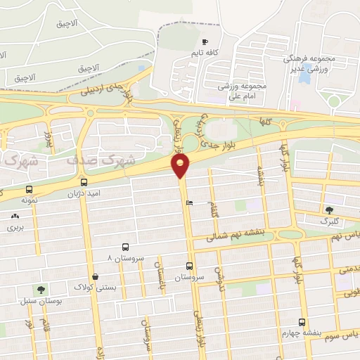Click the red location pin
coord(181,166)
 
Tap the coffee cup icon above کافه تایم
coord(205,41)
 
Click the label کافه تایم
coord(205,53)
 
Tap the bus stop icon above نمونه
coord(29,189)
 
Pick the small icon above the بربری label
coord(15,216)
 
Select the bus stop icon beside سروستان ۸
coord(125,247)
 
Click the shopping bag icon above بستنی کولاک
coord(95,276)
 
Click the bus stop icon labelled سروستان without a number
coord(189,266)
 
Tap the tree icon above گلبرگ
coord(329,210)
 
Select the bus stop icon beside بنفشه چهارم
coord(302,321)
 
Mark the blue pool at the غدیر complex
coord(304,75)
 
